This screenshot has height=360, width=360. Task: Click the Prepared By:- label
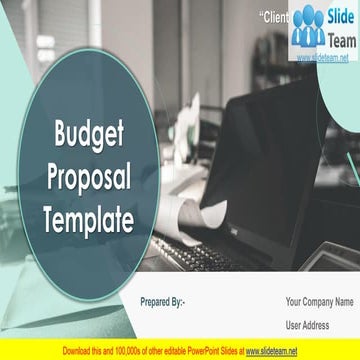pos(163,301)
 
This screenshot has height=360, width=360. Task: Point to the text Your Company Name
pos(319,301)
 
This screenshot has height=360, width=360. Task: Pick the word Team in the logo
pos(340,35)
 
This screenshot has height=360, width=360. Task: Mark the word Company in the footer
pos(319,301)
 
